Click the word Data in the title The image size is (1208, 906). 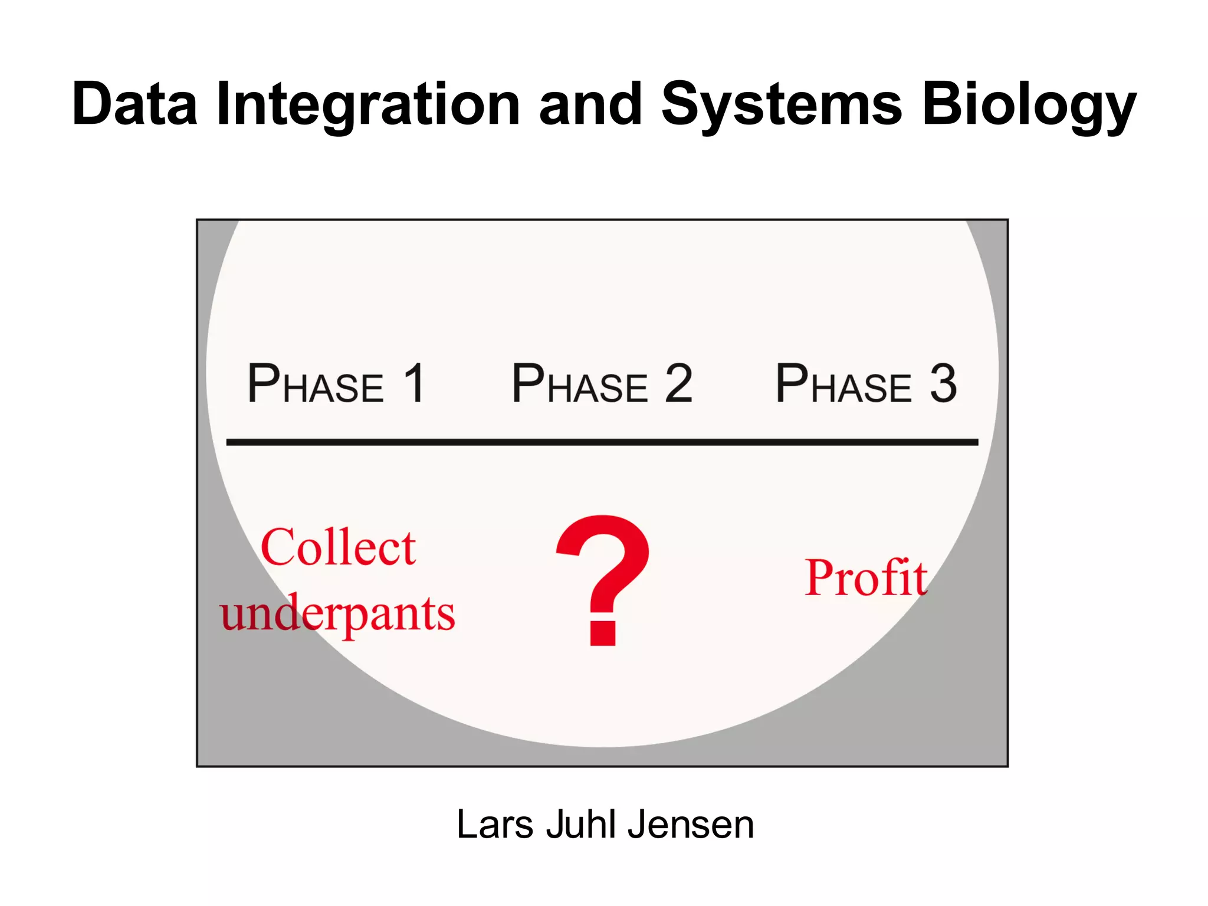click(x=134, y=104)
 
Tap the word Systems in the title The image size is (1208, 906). click(x=781, y=104)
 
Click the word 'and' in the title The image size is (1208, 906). click(x=590, y=104)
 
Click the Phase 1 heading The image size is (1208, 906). click(x=336, y=384)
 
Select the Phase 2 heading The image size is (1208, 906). click(x=602, y=384)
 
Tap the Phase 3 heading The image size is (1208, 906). click(x=865, y=384)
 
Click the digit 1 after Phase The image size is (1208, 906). click(x=414, y=383)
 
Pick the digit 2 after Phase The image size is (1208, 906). click(x=678, y=383)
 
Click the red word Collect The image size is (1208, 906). click(x=338, y=547)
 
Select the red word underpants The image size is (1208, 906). click(x=337, y=613)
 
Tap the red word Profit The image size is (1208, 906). click(x=865, y=577)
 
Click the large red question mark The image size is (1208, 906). click(x=603, y=566)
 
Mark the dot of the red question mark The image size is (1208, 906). click(x=603, y=633)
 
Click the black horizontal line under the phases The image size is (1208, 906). click(x=602, y=442)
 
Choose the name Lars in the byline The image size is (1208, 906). click(x=494, y=824)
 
